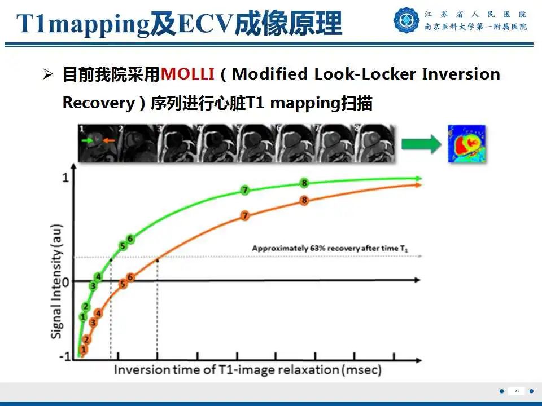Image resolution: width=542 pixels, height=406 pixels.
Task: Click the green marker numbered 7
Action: point(244,190)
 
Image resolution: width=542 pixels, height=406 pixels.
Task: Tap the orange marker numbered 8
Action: point(304,200)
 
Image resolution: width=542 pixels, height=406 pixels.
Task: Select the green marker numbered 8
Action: point(304,183)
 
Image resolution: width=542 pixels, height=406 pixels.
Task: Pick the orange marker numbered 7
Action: point(244,216)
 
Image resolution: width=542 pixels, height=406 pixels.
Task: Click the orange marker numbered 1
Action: point(84,350)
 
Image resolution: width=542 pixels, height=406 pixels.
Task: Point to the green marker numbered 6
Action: point(130,239)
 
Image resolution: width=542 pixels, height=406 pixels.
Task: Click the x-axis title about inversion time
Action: point(248,370)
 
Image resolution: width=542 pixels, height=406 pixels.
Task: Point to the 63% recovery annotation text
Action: point(329,248)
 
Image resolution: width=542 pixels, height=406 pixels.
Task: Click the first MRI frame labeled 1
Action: point(97,143)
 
